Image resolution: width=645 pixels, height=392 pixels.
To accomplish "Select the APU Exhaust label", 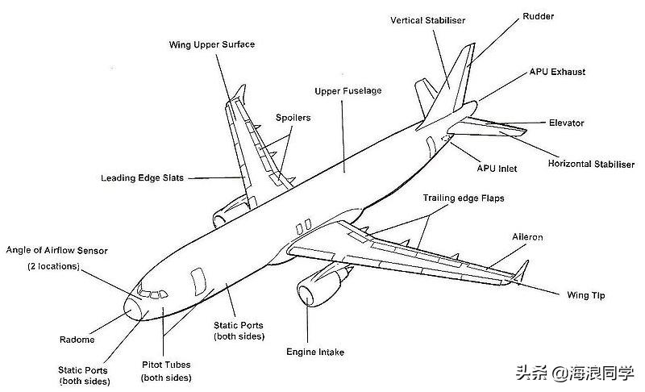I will click(557, 72).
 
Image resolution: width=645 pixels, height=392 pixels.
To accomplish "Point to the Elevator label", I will click(566, 123).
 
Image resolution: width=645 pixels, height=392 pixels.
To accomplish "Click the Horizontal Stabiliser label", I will click(591, 165).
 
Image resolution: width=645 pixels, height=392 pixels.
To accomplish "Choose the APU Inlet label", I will click(497, 169).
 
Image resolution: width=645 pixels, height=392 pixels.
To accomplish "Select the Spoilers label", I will click(293, 118).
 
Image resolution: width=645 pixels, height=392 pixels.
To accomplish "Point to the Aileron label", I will click(527, 237).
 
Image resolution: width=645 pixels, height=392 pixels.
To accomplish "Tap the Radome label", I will click(77, 340).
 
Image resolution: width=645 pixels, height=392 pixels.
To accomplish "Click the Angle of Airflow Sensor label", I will click(56, 251).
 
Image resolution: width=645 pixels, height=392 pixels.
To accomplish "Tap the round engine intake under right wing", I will click(306, 292).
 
